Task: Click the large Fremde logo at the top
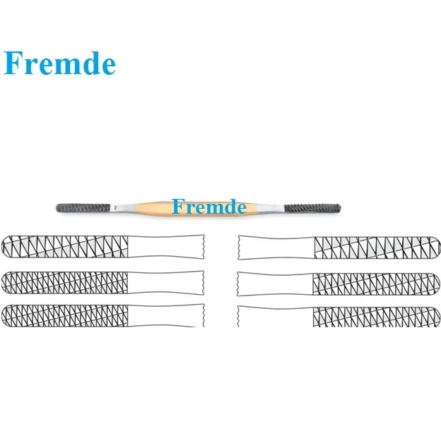click(59, 63)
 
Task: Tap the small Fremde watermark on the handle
click(209, 207)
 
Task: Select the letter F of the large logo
click(16, 63)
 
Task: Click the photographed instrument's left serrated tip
click(83, 208)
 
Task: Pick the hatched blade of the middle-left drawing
click(68, 282)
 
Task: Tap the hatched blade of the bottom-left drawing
click(68, 315)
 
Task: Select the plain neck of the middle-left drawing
click(170, 282)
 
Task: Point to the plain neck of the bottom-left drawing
click(170, 315)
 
